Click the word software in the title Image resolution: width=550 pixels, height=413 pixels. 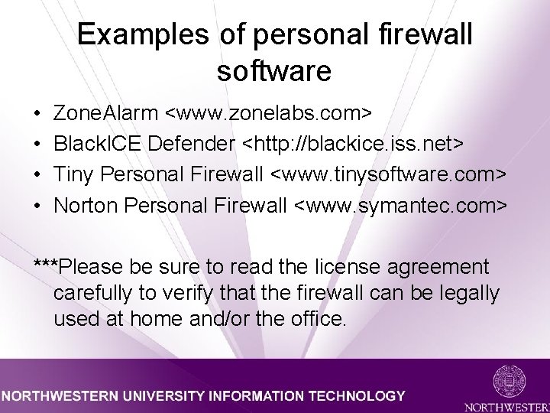coord(274,70)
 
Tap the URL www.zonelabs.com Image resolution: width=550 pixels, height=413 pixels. coord(270,114)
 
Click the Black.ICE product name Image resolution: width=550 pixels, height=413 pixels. coord(97,145)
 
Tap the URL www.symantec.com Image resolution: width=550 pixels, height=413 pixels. coord(400,206)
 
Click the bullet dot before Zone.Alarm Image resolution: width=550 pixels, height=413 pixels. coord(38,115)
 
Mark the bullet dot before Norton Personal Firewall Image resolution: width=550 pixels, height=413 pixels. coord(38,206)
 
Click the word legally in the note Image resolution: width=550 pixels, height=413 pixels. coord(469,293)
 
